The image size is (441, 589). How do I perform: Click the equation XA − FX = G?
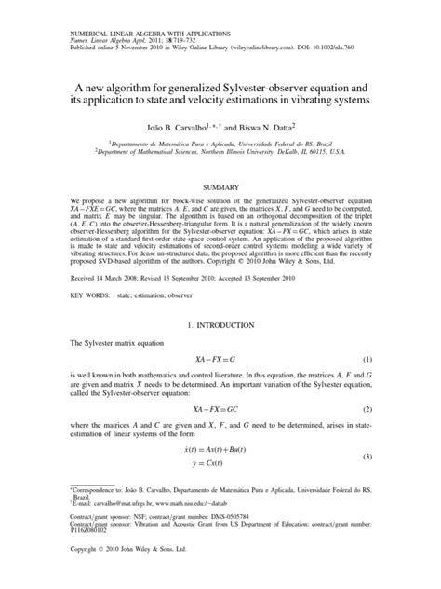220,359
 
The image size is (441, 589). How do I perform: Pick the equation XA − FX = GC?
220,409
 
